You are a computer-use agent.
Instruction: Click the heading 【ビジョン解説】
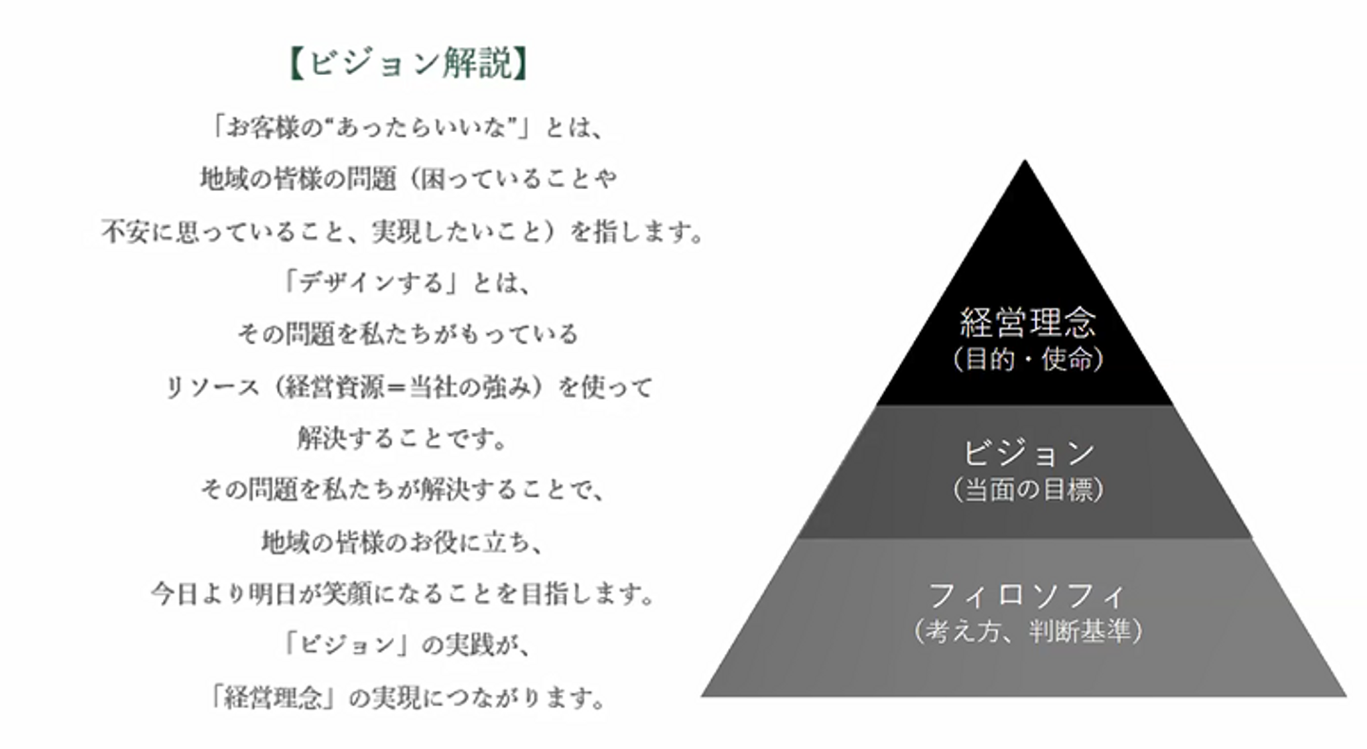(406, 66)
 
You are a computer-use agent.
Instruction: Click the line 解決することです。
(404, 439)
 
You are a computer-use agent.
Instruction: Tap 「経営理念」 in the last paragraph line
(274, 699)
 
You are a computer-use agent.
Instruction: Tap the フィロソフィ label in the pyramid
(1025, 595)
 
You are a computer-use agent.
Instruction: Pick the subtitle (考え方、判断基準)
(1026, 631)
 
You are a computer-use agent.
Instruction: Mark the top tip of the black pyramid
(1024, 161)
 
